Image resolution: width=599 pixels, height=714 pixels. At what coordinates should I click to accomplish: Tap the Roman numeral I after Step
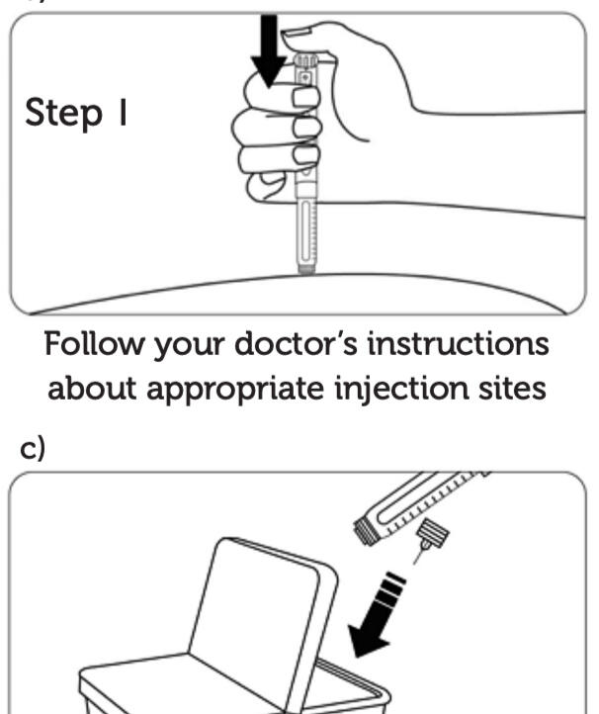(126, 112)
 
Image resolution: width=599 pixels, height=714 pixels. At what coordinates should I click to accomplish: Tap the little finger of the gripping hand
(279, 183)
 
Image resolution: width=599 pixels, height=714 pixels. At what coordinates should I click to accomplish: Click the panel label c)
(35, 447)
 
